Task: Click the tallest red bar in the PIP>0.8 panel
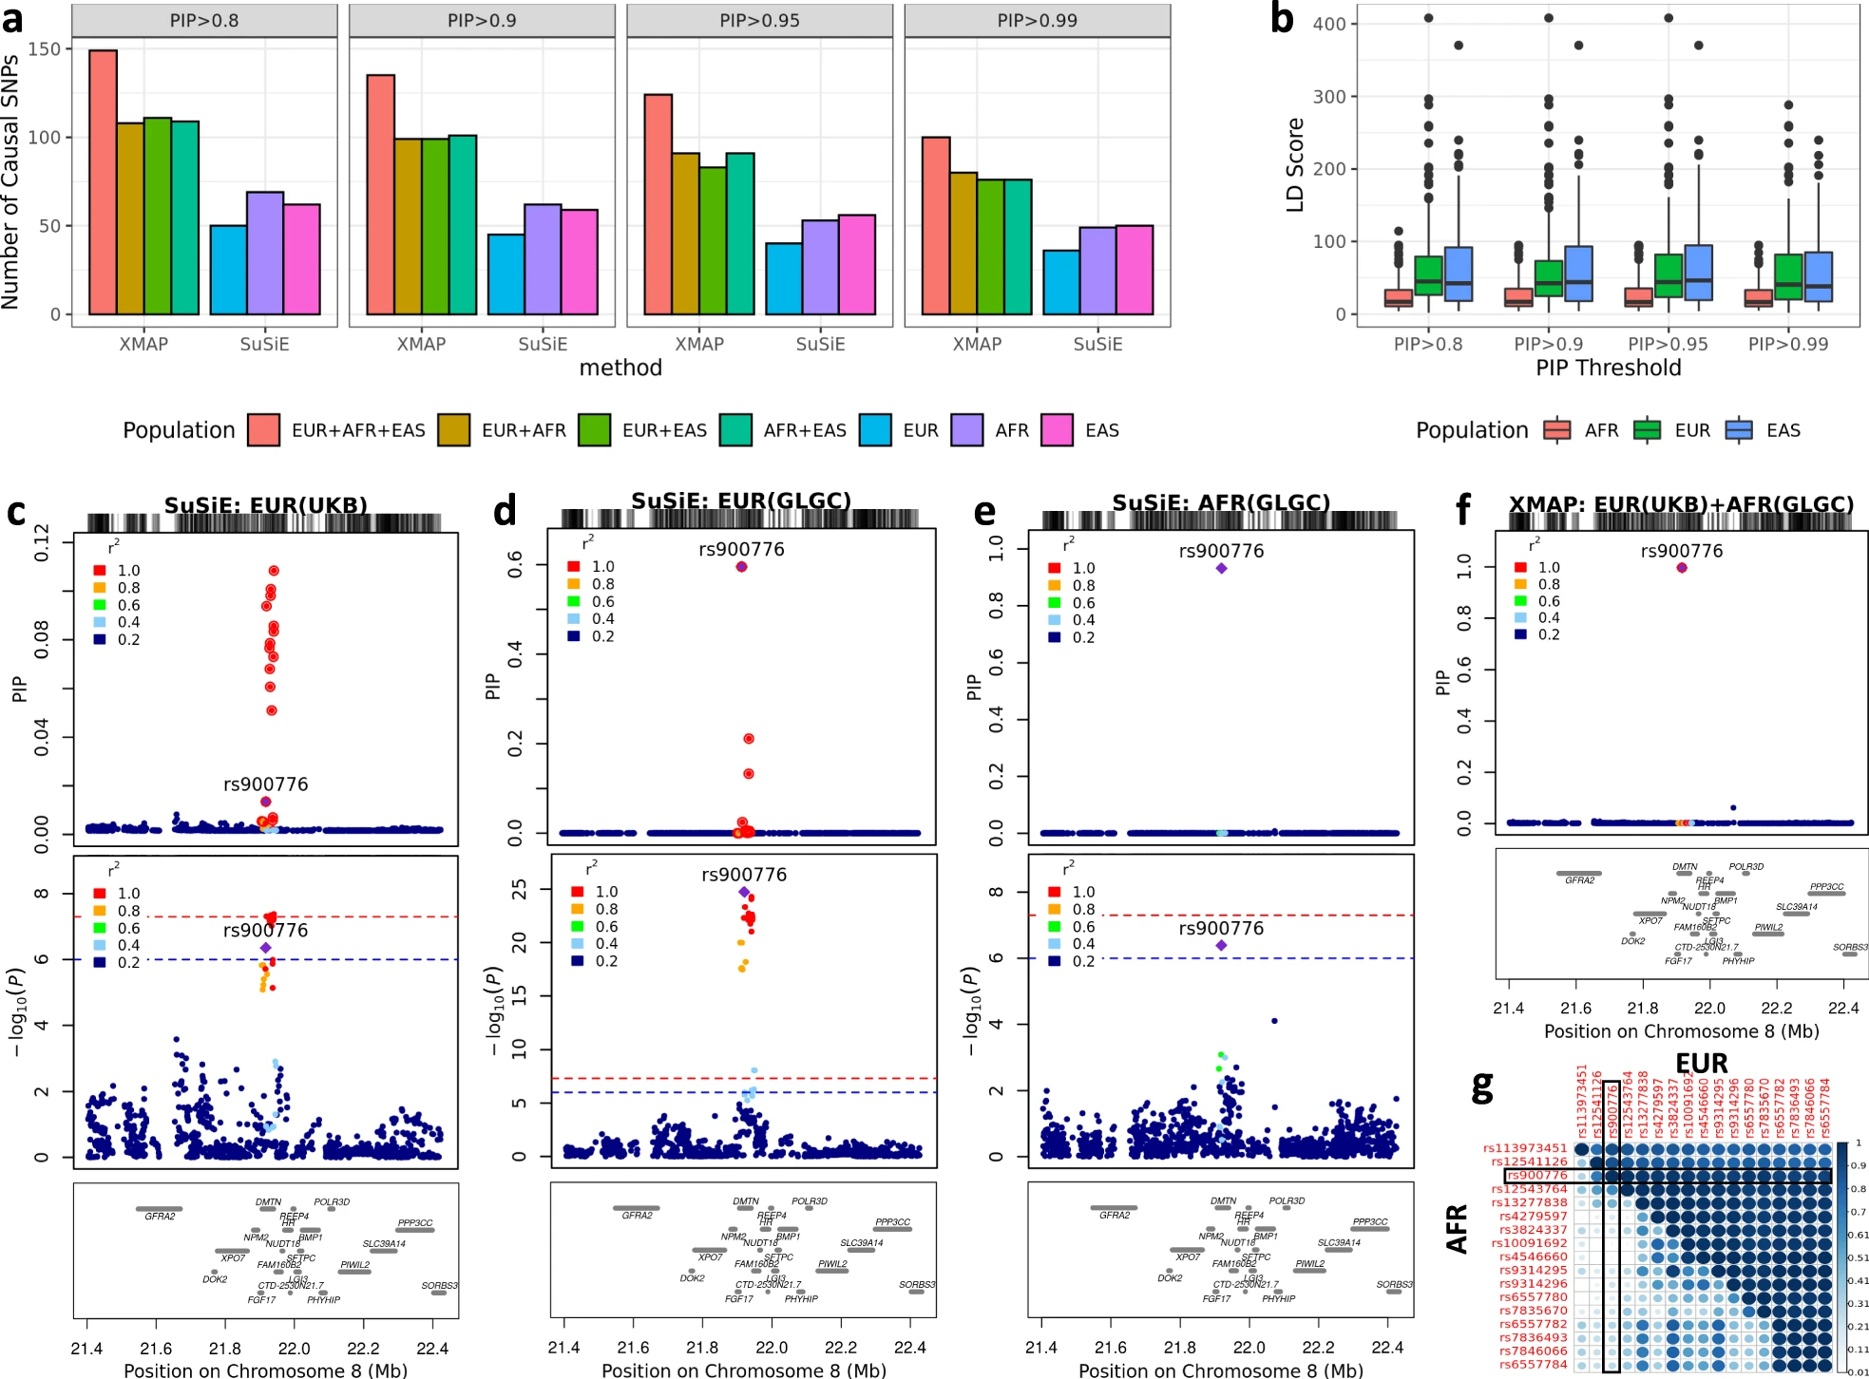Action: tap(103, 181)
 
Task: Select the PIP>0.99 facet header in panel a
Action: tap(1037, 21)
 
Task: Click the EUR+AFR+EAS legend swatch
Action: tap(263, 430)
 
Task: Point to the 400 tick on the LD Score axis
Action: tap(1328, 24)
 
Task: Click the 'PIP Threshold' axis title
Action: tap(1608, 368)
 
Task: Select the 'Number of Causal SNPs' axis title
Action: tap(11, 181)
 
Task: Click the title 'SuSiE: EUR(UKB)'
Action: tap(266, 504)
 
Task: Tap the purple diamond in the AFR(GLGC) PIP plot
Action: tap(1221, 568)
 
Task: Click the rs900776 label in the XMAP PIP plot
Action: tap(1681, 551)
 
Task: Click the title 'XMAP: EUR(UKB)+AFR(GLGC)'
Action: tap(1681, 504)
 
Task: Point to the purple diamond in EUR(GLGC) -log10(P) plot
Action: tap(744, 892)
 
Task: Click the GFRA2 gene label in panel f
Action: tap(1579, 880)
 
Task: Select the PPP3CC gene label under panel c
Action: tap(415, 1222)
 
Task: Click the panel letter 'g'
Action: tap(1481, 1086)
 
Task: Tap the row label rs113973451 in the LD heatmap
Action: tap(1524, 1148)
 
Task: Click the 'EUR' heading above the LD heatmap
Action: tap(1701, 1063)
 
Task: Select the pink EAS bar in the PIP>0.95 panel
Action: tap(856, 265)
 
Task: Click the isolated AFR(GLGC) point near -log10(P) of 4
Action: tap(1274, 1021)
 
